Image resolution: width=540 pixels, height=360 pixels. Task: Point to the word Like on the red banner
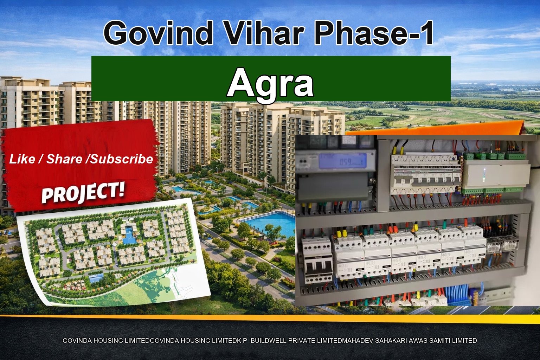pyautogui.click(x=22, y=159)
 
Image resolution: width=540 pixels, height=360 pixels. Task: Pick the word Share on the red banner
pyautogui.click(x=64, y=159)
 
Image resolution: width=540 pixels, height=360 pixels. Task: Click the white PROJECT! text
pyautogui.click(x=83, y=193)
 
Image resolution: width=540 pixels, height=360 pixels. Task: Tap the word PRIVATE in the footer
pyautogui.click(x=302, y=341)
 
